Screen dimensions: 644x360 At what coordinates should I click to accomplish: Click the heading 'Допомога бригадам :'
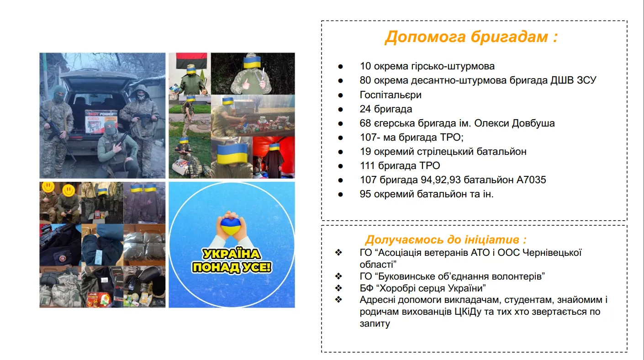click(471, 37)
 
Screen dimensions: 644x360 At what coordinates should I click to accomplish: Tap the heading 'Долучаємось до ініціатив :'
click(446, 239)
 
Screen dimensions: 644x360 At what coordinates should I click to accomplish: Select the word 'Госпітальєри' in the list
click(391, 95)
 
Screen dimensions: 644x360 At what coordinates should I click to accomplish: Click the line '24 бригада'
click(386, 109)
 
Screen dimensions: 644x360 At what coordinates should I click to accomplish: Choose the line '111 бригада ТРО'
click(400, 166)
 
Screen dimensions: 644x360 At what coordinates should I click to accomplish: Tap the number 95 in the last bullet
click(365, 194)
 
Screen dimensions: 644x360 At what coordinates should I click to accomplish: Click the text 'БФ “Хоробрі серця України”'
click(422, 288)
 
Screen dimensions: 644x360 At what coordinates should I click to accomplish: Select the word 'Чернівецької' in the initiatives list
click(552, 253)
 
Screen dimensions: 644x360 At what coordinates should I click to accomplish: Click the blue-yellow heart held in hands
click(230, 226)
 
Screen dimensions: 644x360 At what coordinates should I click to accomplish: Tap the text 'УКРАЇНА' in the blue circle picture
click(232, 254)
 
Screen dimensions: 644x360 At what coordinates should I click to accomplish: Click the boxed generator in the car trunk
click(101, 122)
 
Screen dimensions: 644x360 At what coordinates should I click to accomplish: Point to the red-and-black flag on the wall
click(191, 60)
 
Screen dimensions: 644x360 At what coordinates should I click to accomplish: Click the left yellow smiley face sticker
click(48, 187)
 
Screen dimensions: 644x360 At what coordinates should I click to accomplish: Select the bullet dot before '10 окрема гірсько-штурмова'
click(340, 67)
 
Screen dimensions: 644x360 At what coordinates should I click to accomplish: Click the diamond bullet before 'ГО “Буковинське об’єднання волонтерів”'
click(339, 276)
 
